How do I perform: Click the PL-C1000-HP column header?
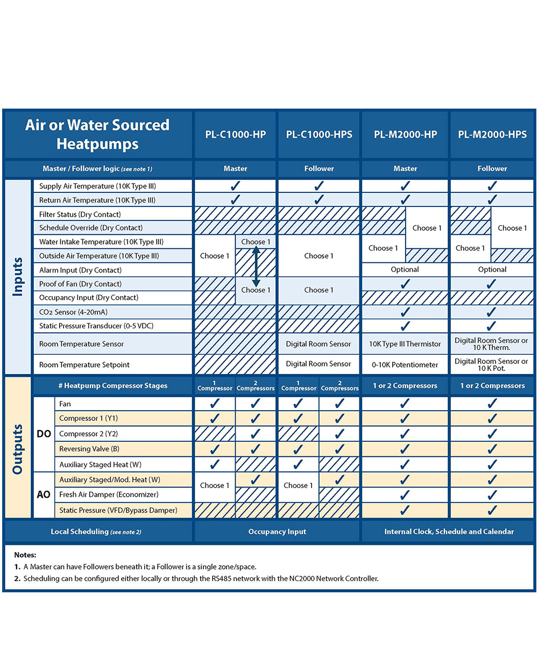(x=235, y=134)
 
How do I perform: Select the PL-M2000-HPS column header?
(x=492, y=134)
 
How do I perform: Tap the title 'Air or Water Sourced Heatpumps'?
(x=97, y=134)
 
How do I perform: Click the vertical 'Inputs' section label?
(x=18, y=276)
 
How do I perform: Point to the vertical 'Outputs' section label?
(x=18, y=449)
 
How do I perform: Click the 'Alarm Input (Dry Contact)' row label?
(x=80, y=270)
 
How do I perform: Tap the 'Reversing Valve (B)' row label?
(x=88, y=449)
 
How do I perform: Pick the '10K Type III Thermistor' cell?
(x=405, y=344)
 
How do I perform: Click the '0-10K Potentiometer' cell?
(x=405, y=365)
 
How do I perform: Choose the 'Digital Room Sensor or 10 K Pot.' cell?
(x=492, y=365)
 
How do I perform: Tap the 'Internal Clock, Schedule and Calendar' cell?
(x=449, y=532)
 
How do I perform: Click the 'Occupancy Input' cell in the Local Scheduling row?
(x=277, y=532)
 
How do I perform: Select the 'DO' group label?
(x=44, y=434)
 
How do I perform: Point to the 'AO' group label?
(x=44, y=494)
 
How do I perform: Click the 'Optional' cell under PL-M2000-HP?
(x=405, y=270)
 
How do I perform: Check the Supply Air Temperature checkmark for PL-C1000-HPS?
(x=319, y=186)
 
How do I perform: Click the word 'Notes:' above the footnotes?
(x=25, y=555)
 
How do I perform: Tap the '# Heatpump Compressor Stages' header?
(x=112, y=385)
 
